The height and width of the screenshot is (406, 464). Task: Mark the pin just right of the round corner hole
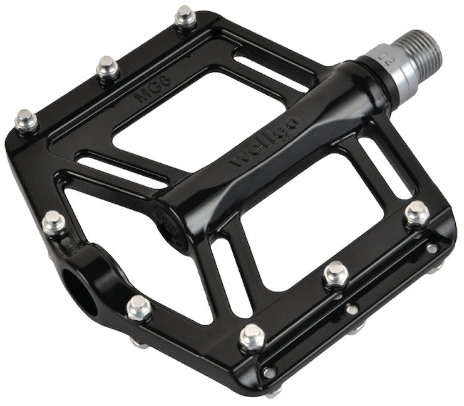(x=138, y=307)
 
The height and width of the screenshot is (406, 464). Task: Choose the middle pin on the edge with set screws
(x=336, y=273)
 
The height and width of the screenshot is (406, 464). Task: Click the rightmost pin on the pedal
(x=416, y=213)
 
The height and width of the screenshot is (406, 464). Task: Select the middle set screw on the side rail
(x=353, y=309)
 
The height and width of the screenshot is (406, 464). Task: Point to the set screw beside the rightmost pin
(x=432, y=248)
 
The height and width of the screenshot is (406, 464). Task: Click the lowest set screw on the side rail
(x=269, y=372)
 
